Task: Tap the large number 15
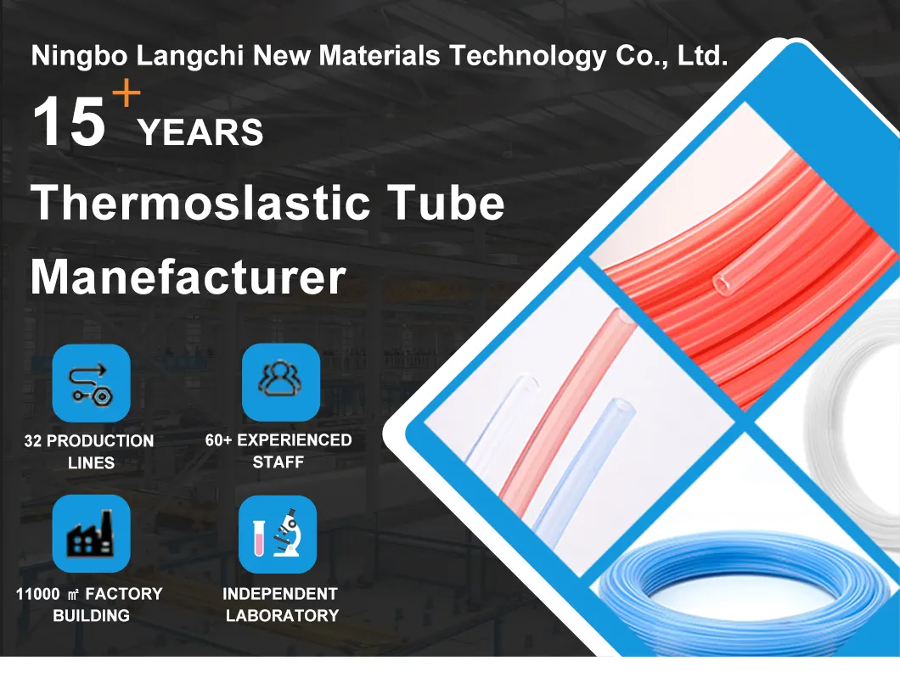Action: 69,122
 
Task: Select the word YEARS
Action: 200,134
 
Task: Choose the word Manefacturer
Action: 188,277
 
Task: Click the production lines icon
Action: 92,383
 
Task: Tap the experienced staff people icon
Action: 280,382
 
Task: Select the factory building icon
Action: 92,534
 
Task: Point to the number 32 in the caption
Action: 34,441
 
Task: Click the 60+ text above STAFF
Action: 219,440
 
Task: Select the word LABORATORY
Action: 282,616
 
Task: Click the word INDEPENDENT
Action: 280,594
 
